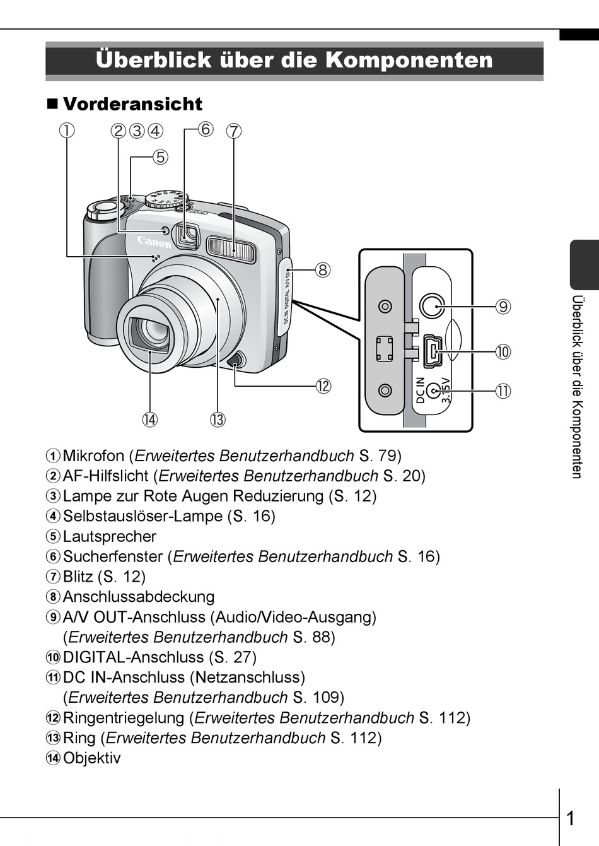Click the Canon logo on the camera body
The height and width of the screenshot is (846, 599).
coord(154,242)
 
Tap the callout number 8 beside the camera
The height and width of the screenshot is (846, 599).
coord(322,270)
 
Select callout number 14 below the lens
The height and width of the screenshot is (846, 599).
coord(149,420)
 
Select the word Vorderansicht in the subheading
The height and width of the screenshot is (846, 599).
coord(132,104)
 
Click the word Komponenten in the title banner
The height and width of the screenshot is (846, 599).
coord(409,60)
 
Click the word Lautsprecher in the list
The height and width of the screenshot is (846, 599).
coord(110,536)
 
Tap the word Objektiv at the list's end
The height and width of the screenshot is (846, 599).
coord(91,758)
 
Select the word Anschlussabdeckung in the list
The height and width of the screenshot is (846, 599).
coord(139,597)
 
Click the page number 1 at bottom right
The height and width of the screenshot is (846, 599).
coord(571,819)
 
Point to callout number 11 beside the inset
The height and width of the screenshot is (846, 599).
coord(502,391)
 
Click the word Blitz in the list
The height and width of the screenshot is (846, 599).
coord(78,577)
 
